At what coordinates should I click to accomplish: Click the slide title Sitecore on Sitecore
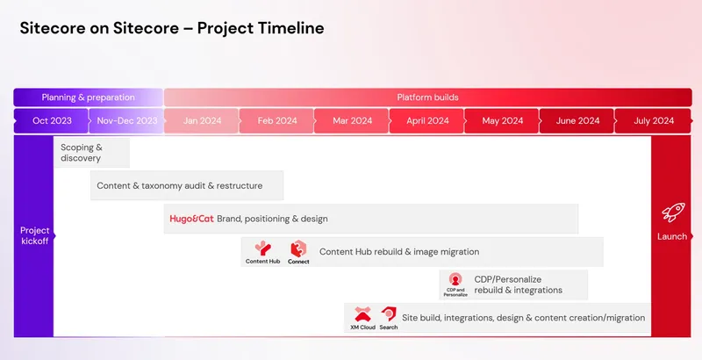tap(172, 28)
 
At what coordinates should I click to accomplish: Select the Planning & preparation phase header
tap(88, 97)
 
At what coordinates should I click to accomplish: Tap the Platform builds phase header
tap(427, 97)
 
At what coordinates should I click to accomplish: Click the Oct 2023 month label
tap(52, 121)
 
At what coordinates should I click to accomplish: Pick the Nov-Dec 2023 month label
tap(127, 121)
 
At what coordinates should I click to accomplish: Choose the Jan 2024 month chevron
tap(202, 121)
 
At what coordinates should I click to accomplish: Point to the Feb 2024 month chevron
tap(277, 121)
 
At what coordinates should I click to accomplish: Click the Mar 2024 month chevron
tap(352, 121)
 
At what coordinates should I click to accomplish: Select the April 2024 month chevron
tap(428, 121)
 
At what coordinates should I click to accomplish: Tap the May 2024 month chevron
tap(503, 121)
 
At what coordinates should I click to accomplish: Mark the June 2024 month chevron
tap(577, 121)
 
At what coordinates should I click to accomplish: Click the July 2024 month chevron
tap(654, 121)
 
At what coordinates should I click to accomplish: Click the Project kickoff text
tap(35, 235)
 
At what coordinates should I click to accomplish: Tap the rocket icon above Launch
tap(672, 212)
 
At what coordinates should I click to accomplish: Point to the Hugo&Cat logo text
tap(190, 219)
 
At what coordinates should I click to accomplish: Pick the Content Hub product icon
tap(262, 248)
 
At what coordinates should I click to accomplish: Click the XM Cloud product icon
tap(362, 314)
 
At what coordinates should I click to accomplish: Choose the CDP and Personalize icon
tap(455, 280)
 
